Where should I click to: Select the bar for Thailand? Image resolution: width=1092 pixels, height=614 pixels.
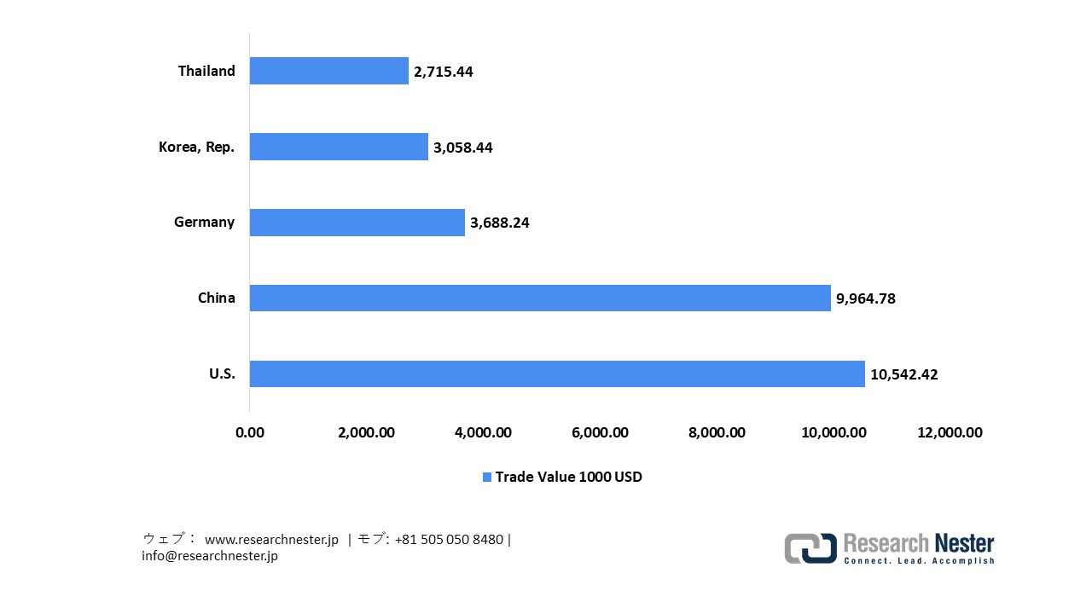(328, 71)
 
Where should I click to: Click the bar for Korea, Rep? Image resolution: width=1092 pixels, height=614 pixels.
(339, 147)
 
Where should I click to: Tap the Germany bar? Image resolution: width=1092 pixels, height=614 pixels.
(357, 223)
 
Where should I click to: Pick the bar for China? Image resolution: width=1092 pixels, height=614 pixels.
(539, 298)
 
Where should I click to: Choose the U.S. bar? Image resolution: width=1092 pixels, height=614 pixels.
(556, 374)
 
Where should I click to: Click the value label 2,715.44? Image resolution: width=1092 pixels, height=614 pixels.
(443, 72)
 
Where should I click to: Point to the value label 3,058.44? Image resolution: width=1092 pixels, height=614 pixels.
(462, 148)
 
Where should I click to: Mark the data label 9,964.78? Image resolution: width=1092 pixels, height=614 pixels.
(865, 298)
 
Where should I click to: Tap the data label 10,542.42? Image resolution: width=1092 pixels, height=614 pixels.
(903, 374)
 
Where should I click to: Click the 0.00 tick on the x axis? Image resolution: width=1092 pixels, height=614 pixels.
(250, 432)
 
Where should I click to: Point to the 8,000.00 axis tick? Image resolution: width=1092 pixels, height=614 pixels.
(717, 432)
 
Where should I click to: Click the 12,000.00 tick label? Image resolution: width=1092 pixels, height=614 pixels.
(950, 432)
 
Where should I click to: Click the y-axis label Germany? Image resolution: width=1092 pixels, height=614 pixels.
(204, 222)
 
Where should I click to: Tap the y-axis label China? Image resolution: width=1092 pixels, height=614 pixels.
(216, 298)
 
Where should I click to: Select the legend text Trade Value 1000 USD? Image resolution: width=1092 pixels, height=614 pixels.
(568, 477)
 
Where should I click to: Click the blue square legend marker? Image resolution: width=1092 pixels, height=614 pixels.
(487, 477)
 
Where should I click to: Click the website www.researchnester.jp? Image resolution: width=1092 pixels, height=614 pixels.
(271, 540)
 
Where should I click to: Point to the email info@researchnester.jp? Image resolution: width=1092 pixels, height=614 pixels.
(210, 556)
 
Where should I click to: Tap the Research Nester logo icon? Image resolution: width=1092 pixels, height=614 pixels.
(810, 547)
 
